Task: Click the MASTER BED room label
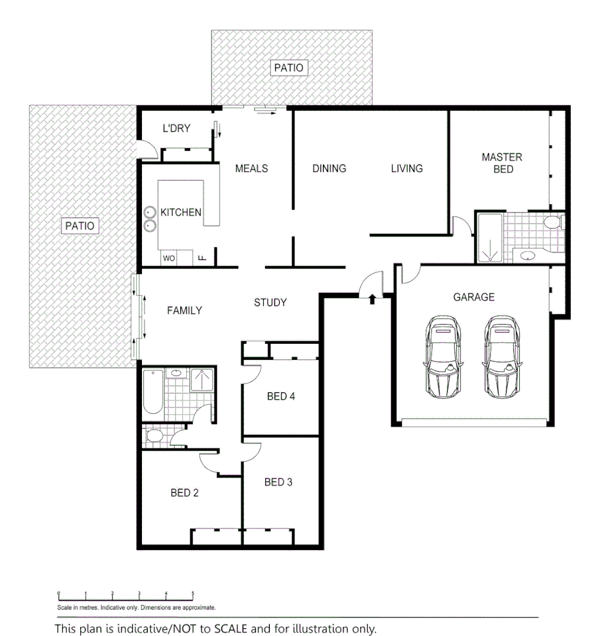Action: pyautogui.click(x=501, y=163)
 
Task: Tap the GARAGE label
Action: pyautogui.click(x=474, y=297)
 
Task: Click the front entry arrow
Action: pyautogui.click(x=372, y=299)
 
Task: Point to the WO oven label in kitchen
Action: pyautogui.click(x=169, y=258)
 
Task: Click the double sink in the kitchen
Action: pyautogui.click(x=149, y=218)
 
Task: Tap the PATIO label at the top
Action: pyautogui.click(x=289, y=68)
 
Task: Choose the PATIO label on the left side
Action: pyautogui.click(x=80, y=226)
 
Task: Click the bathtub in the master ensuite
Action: pyautogui.click(x=489, y=238)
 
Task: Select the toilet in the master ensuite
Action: pyautogui.click(x=552, y=223)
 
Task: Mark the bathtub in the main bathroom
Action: pyautogui.click(x=152, y=391)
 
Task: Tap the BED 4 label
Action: pyautogui.click(x=281, y=396)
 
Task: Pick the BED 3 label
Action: pyautogui.click(x=278, y=482)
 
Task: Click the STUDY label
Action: pyautogui.click(x=270, y=303)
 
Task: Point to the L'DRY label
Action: pyautogui.click(x=176, y=128)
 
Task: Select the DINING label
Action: pyautogui.click(x=329, y=168)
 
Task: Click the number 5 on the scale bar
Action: pyautogui.click(x=193, y=594)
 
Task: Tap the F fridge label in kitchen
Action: pyautogui.click(x=202, y=258)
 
